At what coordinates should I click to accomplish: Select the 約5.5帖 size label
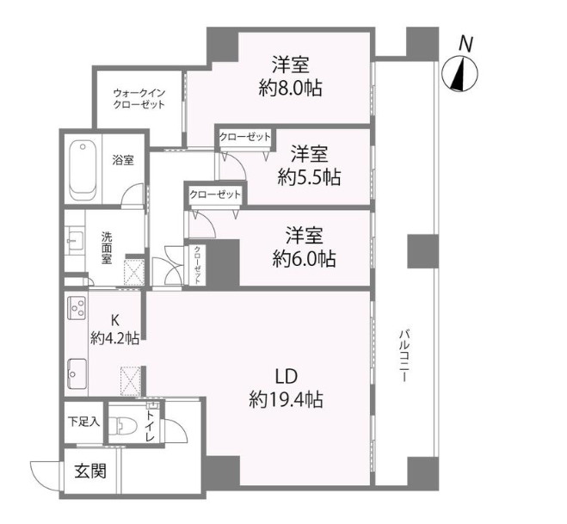pyautogui.click(x=309, y=178)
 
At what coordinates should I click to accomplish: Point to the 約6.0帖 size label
pyautogui.click(x=305, y=258)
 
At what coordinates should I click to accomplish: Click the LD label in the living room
pyautogui.click(x=286, y=376)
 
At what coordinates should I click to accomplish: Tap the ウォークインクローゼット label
pyautogui.click(x=139, y=98)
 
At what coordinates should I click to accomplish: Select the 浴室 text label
pyautogui.click(x=123, y=160)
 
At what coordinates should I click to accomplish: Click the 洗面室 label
pyautogui.click(x=107, y=248)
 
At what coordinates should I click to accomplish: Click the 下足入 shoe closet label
pyautogui.click(x=83, y=422)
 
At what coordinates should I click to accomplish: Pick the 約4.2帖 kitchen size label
pyautogui.click(x=115, y=338)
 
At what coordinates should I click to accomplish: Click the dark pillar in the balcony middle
pyautogui.click(x=422, y=250)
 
